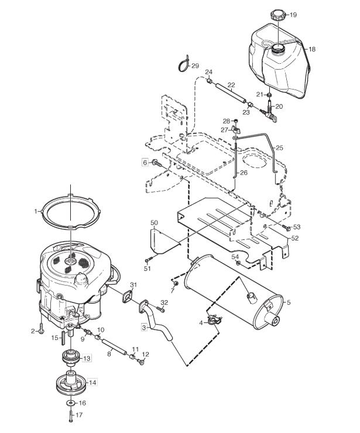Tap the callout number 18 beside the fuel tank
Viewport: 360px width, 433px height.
[x=312, y=49]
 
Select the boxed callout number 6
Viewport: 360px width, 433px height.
[x=145, y=163]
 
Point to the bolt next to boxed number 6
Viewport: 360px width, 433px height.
[x=156, y=163]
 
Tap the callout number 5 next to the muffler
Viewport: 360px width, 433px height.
[x=289, y=303]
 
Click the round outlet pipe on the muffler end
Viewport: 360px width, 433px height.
[x=273, y=320]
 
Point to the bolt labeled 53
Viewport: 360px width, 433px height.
[x=286, y=228]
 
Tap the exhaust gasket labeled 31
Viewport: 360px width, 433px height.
[x=128, y=297]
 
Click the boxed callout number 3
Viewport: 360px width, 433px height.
[x=144, y=328]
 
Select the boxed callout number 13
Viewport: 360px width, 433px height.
[x=87, y=359]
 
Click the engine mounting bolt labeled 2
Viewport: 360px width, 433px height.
[x=41, y=328]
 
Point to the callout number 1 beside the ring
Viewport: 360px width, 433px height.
[x=36, y=212]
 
